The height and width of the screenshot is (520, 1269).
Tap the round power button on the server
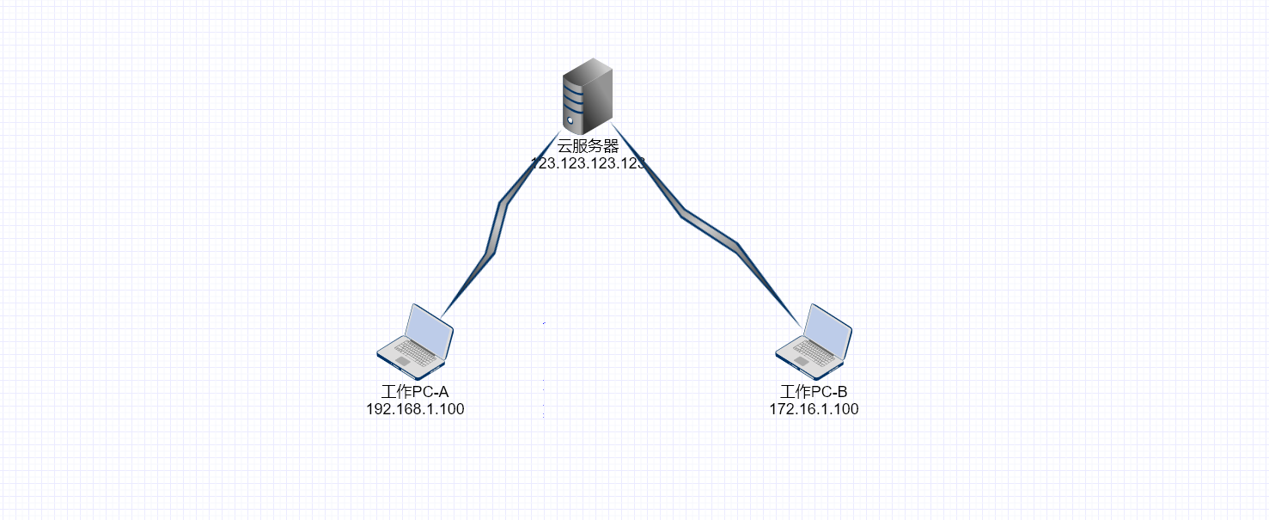pos(569,120)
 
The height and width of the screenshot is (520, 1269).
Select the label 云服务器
pos(588,146)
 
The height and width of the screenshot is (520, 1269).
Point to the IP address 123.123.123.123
pos(588,162)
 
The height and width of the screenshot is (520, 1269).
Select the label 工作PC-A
pos(415,393)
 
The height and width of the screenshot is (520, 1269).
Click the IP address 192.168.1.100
pos(415,409)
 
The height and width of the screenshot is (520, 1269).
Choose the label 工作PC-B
pos(814,393)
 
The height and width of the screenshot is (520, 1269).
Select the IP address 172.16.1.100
pos(814,409)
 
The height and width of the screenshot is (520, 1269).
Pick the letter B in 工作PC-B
pos(843,393)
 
